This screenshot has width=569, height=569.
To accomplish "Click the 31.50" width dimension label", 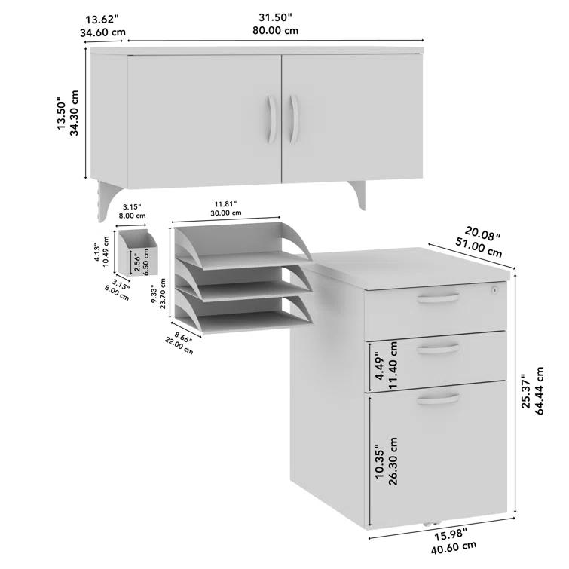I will coord(275,17).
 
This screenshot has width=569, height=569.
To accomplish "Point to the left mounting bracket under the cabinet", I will coord(107,200).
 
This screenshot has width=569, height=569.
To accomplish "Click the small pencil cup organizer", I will coord(138,253).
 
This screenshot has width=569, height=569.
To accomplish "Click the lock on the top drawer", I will coord(495,289).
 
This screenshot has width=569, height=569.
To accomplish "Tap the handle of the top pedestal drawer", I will coord(438,299).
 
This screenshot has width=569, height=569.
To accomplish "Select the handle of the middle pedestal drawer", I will coord(438,347).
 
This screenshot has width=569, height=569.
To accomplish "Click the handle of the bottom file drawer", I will coord(438,398).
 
